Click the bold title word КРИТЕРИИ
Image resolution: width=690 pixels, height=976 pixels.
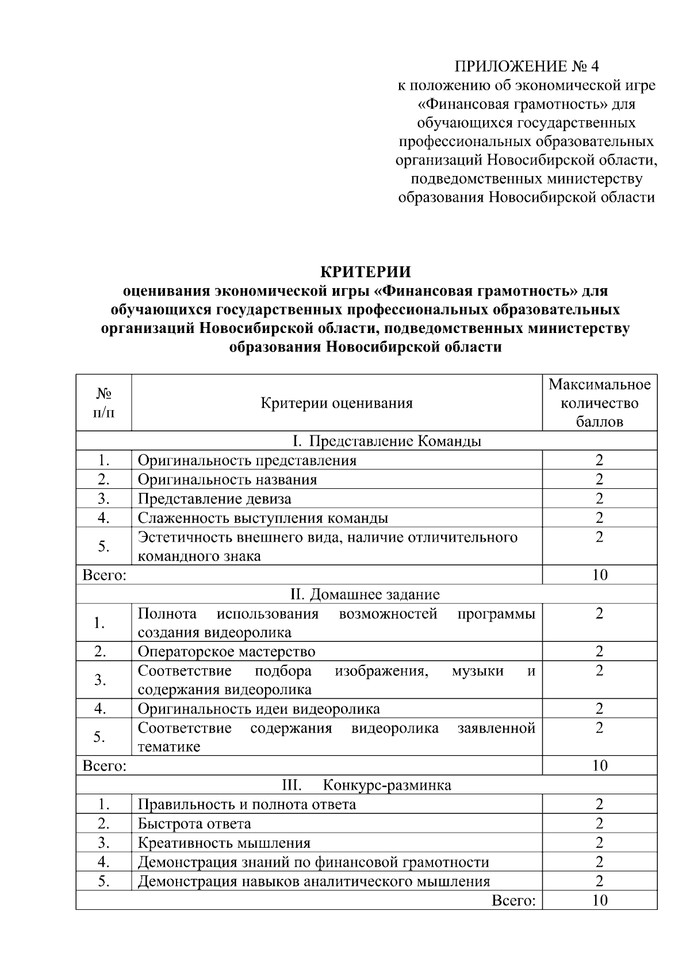click(365, 271)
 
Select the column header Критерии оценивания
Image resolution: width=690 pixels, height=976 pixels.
click(336, 403)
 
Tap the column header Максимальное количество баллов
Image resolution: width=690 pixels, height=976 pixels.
click(599, 403)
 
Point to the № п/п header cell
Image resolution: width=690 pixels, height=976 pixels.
click(103, 403)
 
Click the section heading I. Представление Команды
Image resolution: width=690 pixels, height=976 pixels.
click(386, 441)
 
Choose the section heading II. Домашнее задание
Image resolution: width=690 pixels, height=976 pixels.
click(365, 594)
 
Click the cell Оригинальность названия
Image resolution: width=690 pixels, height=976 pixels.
click(227, 480)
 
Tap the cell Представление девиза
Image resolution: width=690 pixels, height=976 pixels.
click(214, 499)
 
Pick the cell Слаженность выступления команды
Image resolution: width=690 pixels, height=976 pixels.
click(263, 518)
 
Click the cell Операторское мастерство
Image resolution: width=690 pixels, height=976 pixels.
click(227, 652)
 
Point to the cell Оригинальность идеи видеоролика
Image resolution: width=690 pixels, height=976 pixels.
click(259, 709)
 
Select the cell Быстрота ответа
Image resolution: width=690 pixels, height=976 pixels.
click(194, 824)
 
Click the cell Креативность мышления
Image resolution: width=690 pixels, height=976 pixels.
click(224, 843)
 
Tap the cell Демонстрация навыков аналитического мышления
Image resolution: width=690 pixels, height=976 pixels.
click(314, 881)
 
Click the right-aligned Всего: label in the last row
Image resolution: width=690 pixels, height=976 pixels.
click(513, 901)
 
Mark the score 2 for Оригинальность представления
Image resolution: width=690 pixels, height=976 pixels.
click(599, 460)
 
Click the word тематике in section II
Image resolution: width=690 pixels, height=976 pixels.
click(169, 747)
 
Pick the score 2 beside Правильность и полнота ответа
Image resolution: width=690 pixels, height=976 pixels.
click(599, 804)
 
